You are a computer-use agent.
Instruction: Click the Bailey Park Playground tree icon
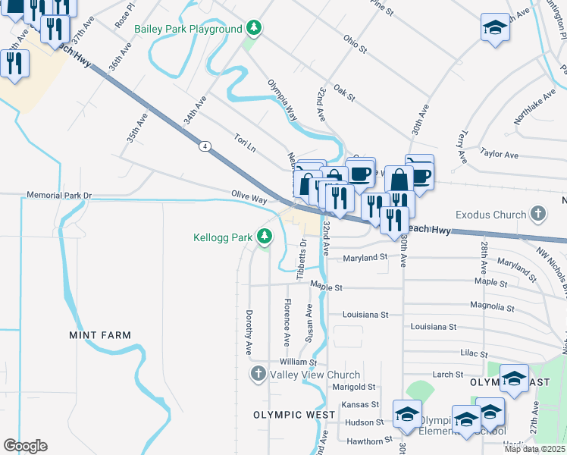click(x=255, y=30)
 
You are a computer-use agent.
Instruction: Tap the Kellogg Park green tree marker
click(x=264, y=237)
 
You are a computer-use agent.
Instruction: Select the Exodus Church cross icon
click(x=538, y=215)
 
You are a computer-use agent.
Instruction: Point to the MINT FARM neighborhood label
click(x=100, y=335)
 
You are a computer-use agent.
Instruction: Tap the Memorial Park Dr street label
click(x=58, y=195)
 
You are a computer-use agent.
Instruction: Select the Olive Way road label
click(x=249, y=198)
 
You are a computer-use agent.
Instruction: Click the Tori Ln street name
click(x=245, y=141)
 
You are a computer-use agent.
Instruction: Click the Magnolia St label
click(x=492, y=309)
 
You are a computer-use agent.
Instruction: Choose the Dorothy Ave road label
click(x=249, y=332)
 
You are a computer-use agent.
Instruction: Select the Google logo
click(x=25, y=446)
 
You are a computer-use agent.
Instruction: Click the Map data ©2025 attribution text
click(x=534, y=449)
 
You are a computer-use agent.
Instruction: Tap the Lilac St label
click(x=476, y=353)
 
